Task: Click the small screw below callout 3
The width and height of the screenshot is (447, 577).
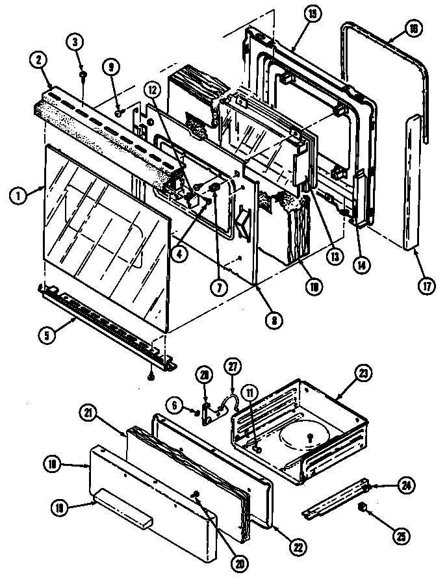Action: pyautogui.click(x=84, y=75)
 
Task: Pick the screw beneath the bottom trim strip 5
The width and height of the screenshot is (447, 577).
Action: pyautogui.click(x=151, y=374)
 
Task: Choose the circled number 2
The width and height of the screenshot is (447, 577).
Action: pyautogui.click(x=39, y=60)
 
